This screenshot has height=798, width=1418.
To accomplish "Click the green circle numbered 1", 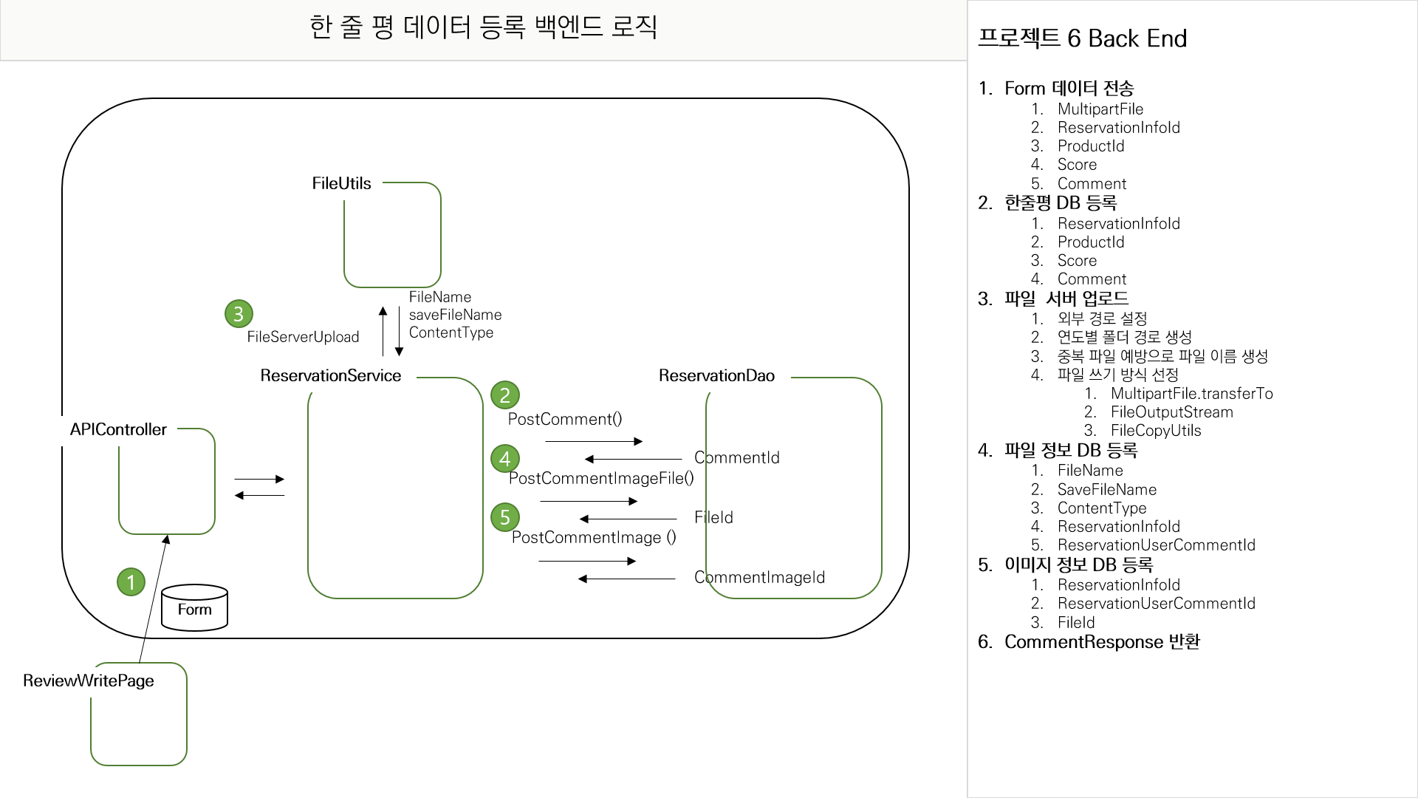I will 131,582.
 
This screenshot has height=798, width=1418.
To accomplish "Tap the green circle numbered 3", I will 239,314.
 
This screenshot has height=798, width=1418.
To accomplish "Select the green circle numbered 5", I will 505,517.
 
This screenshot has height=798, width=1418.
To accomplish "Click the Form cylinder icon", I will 194,608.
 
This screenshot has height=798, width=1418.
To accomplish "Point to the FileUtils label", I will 341,183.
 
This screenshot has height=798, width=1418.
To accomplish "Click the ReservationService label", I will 330,375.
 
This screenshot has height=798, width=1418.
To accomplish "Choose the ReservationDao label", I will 716,375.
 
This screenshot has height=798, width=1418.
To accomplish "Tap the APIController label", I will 118,429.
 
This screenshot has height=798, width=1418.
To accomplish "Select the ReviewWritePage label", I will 89,681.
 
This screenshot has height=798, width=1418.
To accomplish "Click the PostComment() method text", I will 565,419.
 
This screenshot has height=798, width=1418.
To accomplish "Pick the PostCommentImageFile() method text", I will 601,478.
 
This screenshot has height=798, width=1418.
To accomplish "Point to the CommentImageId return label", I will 759,577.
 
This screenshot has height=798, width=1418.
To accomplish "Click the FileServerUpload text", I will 303,337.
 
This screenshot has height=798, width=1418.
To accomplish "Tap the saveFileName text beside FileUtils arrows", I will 455,315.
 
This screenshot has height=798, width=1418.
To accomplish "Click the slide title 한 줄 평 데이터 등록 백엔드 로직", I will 483,27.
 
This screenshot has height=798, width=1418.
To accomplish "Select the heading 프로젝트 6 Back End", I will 1082,38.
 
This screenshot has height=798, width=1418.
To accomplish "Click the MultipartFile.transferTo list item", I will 1191,393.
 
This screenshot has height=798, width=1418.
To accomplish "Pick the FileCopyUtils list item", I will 1156,431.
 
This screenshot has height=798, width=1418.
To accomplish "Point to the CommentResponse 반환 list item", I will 1102,641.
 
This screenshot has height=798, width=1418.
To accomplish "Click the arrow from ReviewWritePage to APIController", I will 153,598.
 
